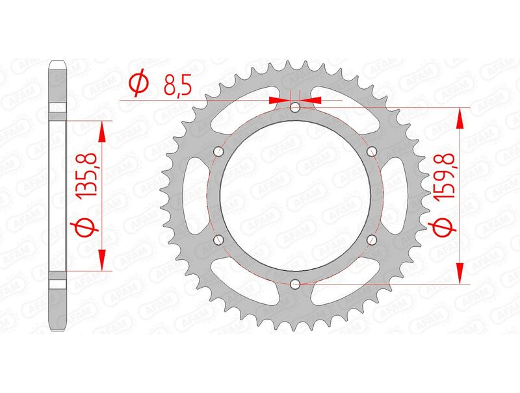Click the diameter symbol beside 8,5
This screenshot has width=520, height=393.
point(137,84)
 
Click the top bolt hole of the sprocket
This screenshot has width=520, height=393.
point(295,107)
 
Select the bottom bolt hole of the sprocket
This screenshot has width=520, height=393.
point(295,283)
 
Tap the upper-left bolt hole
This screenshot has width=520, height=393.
point(218,151)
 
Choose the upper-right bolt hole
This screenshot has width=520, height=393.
point(372,151)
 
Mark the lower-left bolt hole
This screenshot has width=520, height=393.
point(218,240)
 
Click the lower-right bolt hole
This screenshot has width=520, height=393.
point(372,240)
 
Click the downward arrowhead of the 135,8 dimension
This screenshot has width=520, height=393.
point(101,259)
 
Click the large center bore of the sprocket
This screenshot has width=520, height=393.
point(295,195)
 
